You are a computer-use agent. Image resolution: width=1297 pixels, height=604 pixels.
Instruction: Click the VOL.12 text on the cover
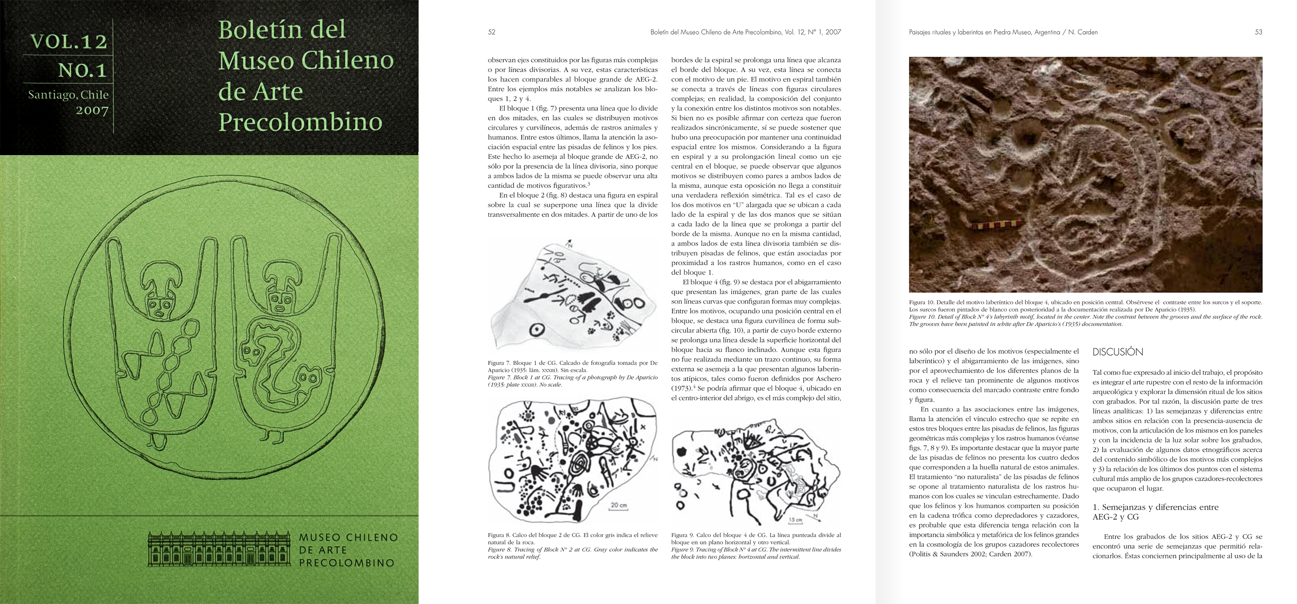pos(69,42)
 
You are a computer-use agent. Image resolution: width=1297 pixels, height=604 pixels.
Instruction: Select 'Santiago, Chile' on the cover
pos(68,95)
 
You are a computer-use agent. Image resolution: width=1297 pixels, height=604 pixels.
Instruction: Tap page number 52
pos(492,32)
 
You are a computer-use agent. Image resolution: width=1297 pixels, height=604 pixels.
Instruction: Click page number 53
pos(1258,32)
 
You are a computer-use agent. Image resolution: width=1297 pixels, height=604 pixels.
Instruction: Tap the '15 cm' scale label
pos(796,519)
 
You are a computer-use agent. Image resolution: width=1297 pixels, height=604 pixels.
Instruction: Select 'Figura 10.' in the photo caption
pos(921,302)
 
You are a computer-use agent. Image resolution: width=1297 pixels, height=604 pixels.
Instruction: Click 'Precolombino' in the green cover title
pos(300,122)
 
